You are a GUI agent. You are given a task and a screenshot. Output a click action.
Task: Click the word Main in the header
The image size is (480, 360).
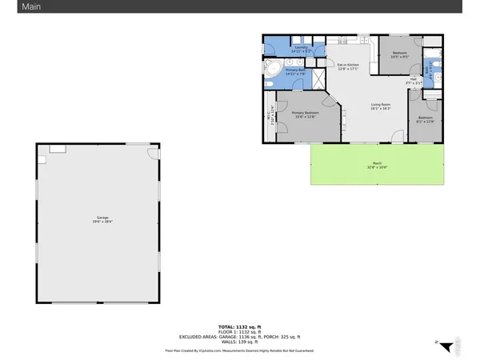16,6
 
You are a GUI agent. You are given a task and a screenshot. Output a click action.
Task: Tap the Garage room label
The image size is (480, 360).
102,218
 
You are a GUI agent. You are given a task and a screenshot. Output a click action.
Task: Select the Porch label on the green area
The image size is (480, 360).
376,165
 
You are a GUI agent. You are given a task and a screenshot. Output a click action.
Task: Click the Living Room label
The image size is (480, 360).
380,106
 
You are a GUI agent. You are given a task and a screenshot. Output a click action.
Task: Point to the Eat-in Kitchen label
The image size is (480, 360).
347,66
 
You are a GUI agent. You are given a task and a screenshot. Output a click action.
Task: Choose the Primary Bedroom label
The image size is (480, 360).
306,114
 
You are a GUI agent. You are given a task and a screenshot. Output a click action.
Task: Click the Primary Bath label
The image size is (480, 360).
295,71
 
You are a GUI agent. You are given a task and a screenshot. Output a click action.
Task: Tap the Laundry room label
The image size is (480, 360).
301,49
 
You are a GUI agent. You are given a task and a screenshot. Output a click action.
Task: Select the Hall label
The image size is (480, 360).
414,81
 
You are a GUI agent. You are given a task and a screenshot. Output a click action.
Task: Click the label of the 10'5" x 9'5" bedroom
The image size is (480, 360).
399,55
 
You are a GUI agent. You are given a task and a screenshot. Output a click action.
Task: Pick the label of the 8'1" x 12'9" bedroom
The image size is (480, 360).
425,120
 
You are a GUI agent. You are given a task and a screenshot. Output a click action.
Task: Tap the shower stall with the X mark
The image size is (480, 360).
317,78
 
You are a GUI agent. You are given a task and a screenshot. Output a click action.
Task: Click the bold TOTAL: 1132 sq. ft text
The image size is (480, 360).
240,327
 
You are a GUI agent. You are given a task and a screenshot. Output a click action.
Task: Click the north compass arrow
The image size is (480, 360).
439,346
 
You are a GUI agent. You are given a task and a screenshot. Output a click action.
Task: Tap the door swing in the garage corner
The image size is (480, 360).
153,149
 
